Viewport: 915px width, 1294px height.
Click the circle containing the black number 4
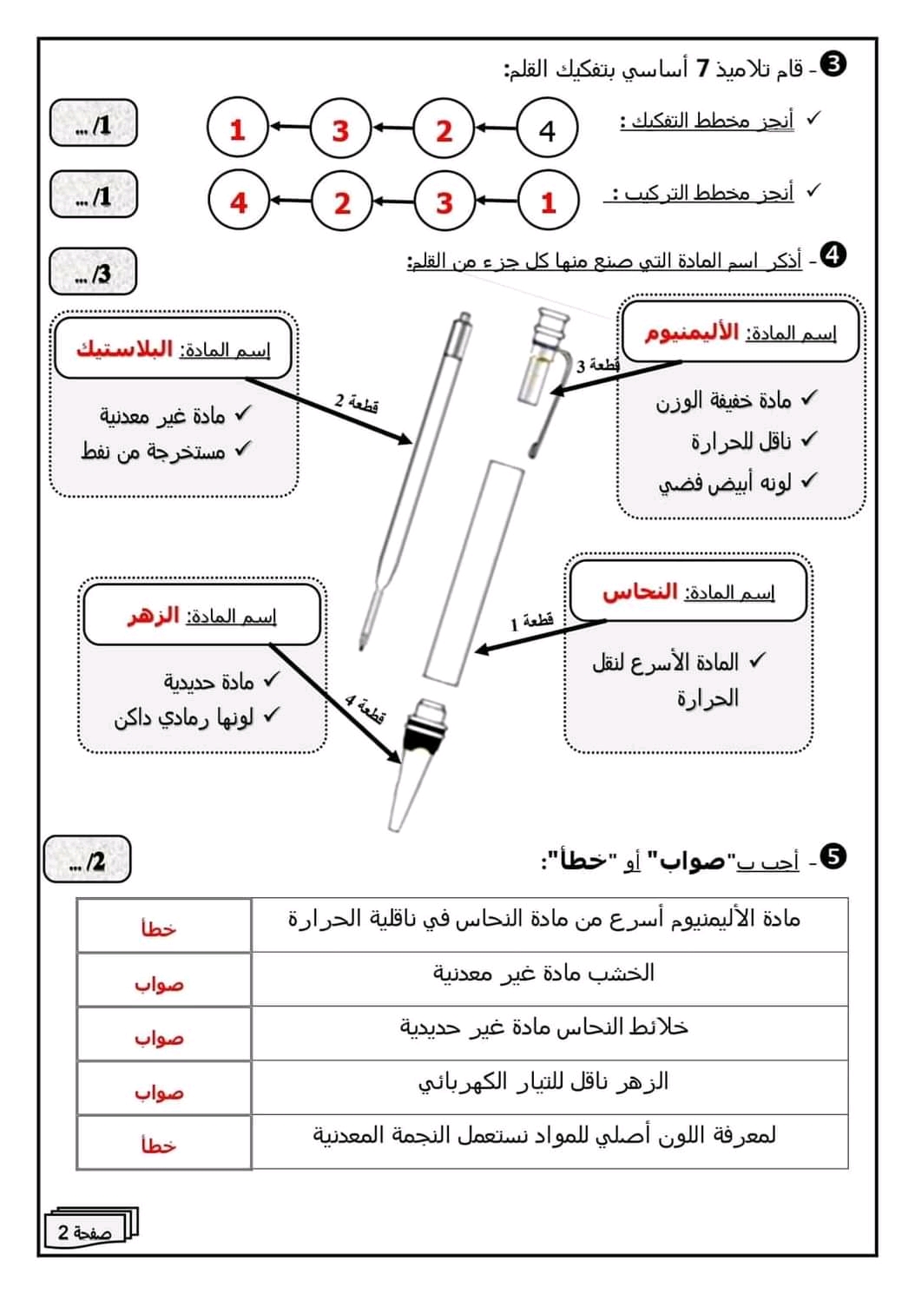click(547, 130)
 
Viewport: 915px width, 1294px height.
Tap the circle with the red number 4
click(239, 202)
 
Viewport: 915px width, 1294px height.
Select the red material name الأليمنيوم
click(691, 333)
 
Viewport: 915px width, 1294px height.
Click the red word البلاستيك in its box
click(125, 349)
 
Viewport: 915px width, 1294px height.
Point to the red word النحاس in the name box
click(640, 592)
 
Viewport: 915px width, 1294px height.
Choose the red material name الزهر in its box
click(154, 616)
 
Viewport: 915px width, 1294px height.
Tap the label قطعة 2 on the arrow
click(356, 403)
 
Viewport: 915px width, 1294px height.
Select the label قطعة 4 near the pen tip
click(365, 709)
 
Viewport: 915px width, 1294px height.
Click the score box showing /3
click(93, 273)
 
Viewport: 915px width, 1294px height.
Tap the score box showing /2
click(87, 860)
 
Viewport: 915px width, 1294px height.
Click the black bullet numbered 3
click(833, 63)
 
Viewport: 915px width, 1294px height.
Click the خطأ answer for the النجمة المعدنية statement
click(159, 1145)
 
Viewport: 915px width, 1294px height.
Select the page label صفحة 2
click(85, 1231)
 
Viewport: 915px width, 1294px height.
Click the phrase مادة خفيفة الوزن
click(723, 400)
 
